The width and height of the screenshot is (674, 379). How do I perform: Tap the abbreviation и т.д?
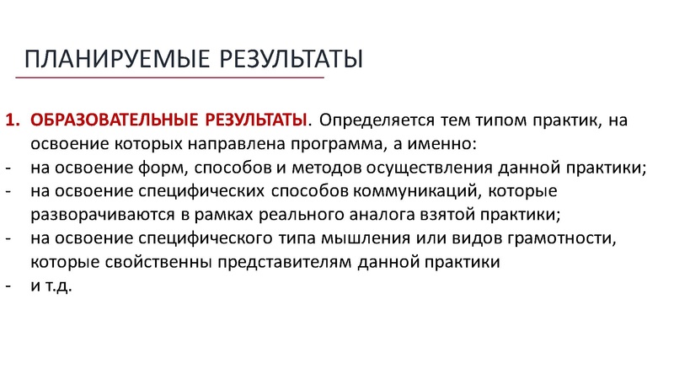[x=52, y=286]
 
